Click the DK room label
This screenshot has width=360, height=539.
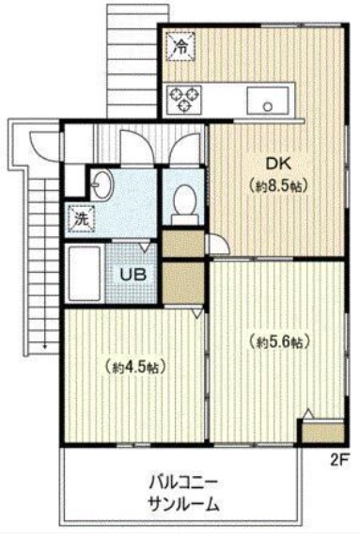tap(278, 164)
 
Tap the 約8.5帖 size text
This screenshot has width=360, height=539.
tap(277, 186)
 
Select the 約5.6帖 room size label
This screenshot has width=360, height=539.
tap(281, 342)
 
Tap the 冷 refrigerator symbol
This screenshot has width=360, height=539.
tap(180, 46)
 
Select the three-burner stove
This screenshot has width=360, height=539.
tap(184, 100)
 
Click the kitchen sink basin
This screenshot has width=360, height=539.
tap(268, 100)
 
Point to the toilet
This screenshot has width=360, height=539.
tap(185, 205)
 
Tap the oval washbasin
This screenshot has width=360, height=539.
tap(102, 184)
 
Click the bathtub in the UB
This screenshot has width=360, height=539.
tap(85, 273)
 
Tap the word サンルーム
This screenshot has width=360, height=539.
tap(183, 504)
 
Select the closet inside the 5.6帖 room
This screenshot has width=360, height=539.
tap(323, 432)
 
